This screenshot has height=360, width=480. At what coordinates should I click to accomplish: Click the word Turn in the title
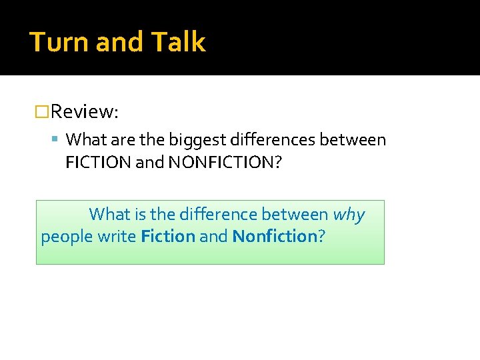click(59, 42)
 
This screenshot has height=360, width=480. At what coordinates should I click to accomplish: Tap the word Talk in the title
click(178, 42)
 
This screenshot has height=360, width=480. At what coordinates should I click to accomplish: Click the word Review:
click(84, 111)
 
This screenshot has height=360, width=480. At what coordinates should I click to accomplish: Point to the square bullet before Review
click(42, 111)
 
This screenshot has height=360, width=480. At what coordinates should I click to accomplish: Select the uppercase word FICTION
click(98, 163)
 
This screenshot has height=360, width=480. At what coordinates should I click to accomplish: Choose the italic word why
click(349, 215)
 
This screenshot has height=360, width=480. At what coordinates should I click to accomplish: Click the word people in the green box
click(64, 237)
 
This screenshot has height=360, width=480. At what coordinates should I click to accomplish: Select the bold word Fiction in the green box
click(168, 237)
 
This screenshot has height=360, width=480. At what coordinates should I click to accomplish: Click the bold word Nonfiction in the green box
click(274, 237)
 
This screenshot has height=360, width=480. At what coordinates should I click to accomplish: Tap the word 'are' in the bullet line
click(113, 140)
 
